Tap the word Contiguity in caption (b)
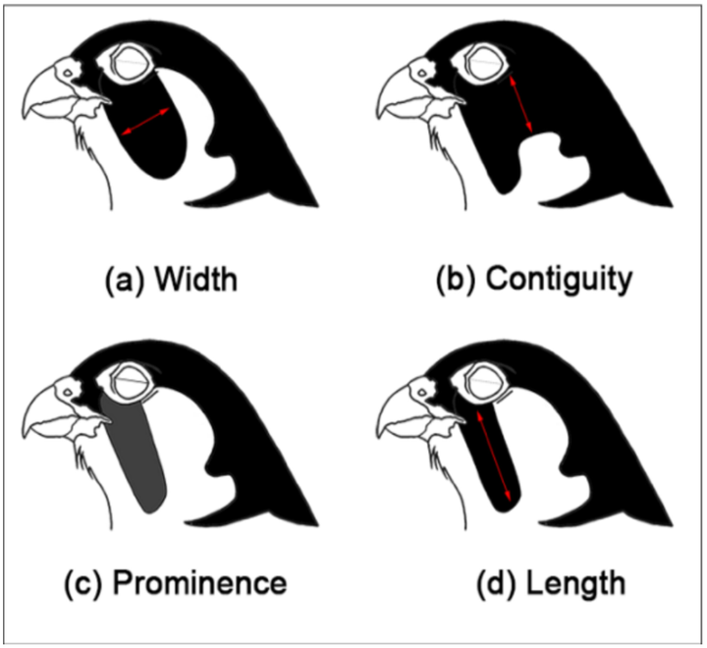coord(559,282)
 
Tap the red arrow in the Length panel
coord(493,459)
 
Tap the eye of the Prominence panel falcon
coord(130,370)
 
